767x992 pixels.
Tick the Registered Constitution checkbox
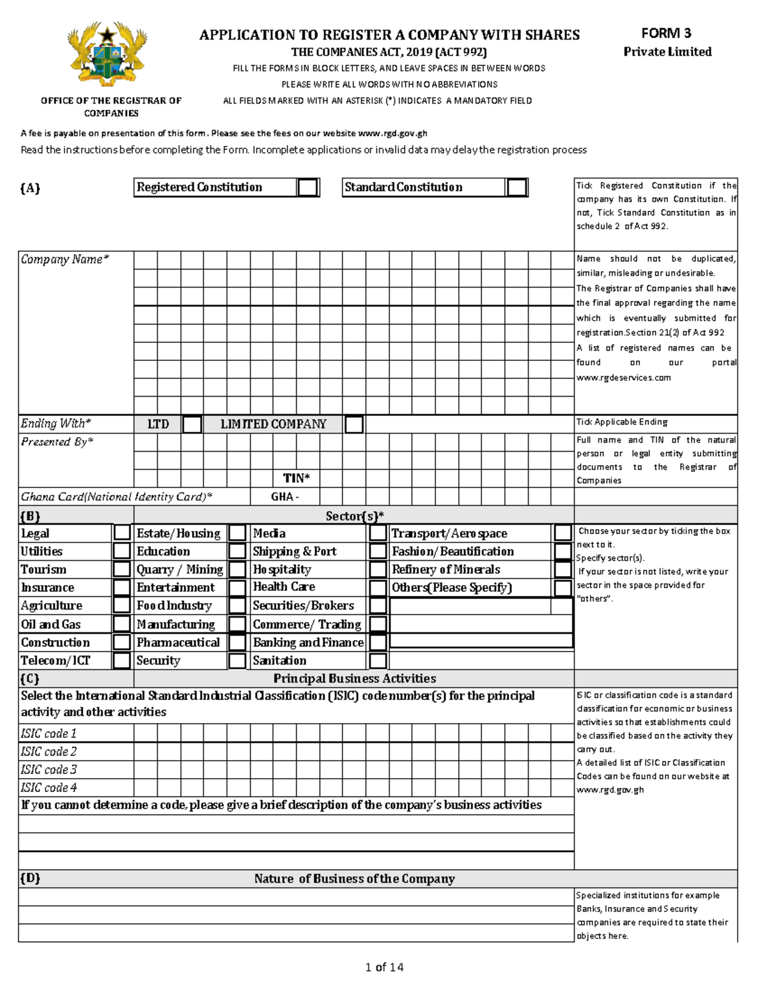pyautogui.click(x=308, y=187)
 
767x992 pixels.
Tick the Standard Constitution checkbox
pyautogui.click(x=516, y=187)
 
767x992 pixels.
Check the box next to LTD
pyautogui.click(x=192, y=424)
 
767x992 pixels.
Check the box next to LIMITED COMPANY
pyautogui.click(x=354, y=424)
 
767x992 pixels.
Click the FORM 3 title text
pyautogui.click(x=667, y=33)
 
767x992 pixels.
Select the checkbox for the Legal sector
pyautogui.click(x=121, y=533)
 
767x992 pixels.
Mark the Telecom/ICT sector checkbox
pyautogui.click(x=121, y=660)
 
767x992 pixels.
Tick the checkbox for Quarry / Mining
pyautogui.click(x=237, y=569)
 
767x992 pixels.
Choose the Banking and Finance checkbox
pyautogui.click(x=378, y=642)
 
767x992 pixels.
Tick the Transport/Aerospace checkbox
pyautogui.click(x=562, y=533)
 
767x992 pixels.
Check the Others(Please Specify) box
pyautogui.click(x=562, y=588)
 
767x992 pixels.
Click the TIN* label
pyautogui.click(x=297, y=478)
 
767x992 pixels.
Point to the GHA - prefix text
pyautogui.click(x=285, y=497)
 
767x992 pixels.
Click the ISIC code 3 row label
pyautogui.click(x=49, y=770)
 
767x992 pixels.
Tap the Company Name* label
pyautogui.click(x=65, y=259)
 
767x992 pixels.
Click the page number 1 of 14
pyautogui.click(x=384, y=967)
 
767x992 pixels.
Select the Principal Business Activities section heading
pyautogui.click(x=355, y=678)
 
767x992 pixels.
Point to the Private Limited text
pyautogui.click(x=667, y=52)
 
